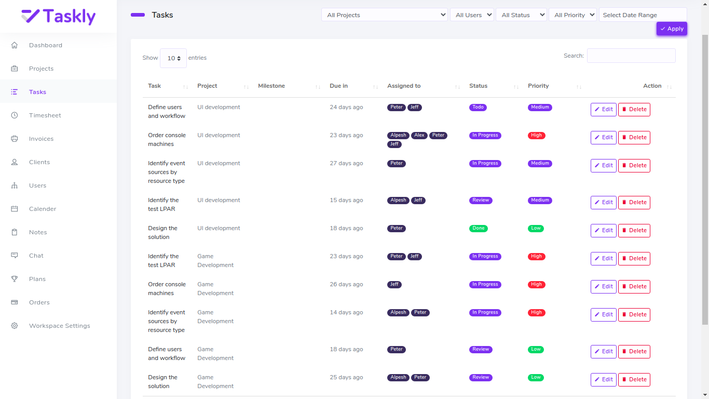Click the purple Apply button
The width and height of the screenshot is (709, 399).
(672, 29)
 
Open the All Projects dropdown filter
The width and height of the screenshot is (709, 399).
(384, 15)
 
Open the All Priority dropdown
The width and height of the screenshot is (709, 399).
(572, 15)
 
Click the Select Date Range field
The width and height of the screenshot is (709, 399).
(643, 15)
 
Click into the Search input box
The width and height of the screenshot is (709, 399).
(631, 56)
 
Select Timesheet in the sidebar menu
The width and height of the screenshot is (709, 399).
(45, 115)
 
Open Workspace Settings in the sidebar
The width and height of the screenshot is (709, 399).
(59, 326)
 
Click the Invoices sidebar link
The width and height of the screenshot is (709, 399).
(41, 139)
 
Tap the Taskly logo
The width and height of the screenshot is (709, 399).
(59, 16)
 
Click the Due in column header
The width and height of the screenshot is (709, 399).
(338, 86)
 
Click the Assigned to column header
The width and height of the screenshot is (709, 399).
(404, 86)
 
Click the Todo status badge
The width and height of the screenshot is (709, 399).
(478, 108)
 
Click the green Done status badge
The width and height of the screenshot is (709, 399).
(478, 229)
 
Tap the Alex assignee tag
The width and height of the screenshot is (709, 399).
(419, 136)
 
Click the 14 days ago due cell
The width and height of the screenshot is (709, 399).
(346, 312)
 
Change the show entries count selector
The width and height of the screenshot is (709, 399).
(173, 58)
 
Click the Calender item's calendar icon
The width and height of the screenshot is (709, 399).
(15, 209)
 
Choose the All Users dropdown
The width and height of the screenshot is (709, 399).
(471, 15)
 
